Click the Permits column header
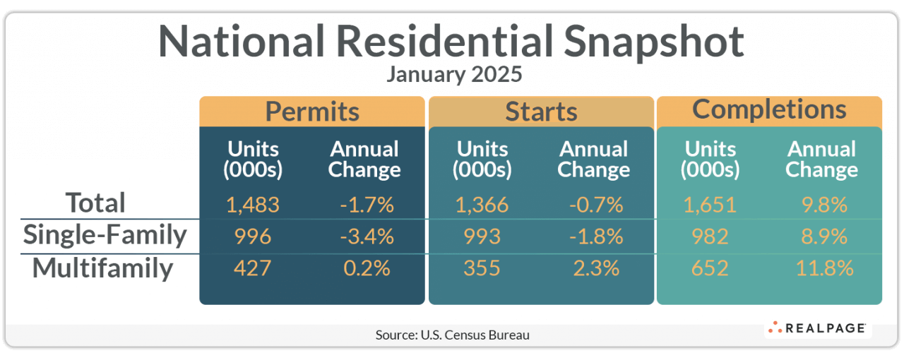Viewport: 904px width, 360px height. click(312, 112)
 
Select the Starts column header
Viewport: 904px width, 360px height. click(541, 112)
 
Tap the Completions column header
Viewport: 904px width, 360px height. click(769, 109)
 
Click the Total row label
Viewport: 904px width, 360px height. click(95, 203)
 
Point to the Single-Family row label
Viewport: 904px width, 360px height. click(105, 236)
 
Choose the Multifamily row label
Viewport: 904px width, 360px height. click(102, 268)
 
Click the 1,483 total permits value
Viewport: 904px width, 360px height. click(253, 205)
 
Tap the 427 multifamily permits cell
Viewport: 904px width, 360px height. click(253, 268)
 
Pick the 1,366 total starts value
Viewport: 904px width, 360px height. click(482, 205)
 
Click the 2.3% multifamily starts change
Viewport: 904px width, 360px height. click(594, 268)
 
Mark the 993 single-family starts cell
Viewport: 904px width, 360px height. click(482, 236)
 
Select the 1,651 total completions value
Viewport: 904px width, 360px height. click(710, 205)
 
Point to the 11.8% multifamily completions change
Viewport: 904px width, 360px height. click(822, 268)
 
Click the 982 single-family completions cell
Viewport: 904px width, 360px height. click(710, 236)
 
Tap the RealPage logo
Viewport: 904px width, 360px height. click(817, 328)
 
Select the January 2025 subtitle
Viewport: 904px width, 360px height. click(452, 74)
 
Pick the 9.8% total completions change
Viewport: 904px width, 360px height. click(822, 205)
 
